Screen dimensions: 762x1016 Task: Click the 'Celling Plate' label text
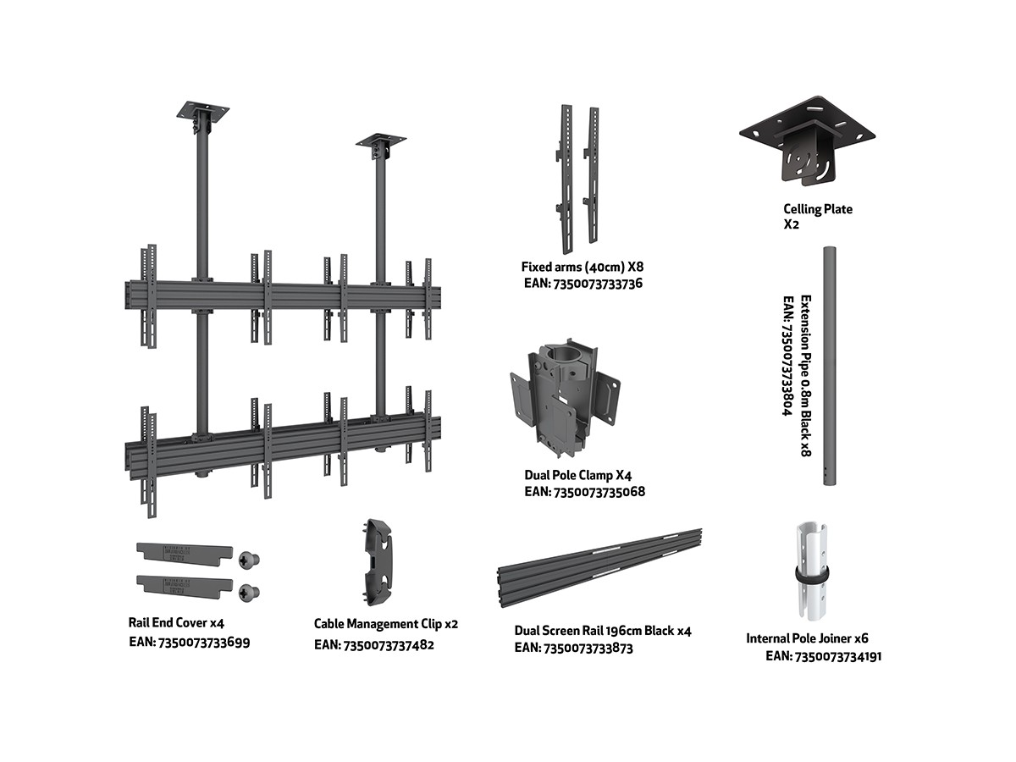coord(817,209)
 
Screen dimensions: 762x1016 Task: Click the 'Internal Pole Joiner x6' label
coord(807,638)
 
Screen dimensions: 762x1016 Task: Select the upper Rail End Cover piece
coord(184,551)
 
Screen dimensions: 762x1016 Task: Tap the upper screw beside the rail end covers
coord(248,559)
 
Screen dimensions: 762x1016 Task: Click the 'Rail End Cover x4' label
coord(176,622)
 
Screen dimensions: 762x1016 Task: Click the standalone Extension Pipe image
coord(829,365)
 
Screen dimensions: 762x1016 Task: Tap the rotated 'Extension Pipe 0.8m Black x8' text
coord(805,376)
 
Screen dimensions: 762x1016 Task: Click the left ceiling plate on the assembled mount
coord(202,113)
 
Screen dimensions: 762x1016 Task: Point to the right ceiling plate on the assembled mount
coord(380,139)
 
